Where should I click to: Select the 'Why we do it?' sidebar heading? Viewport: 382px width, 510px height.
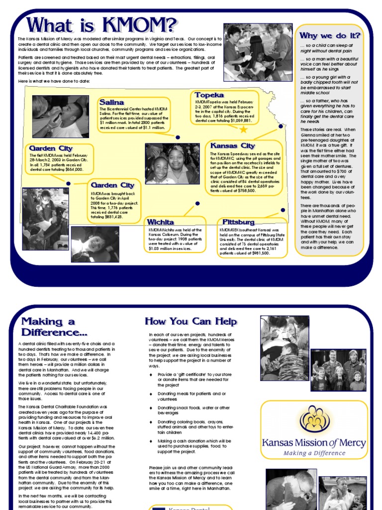pyautogui.click(x=329, y=35)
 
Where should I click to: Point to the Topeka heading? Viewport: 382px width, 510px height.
pyautogui.click(x=209, y=95)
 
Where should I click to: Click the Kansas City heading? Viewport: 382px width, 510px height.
pyautogui.click(x=233, y=145)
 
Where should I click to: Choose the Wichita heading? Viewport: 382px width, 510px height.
pyautogui.click(x=160, y=222)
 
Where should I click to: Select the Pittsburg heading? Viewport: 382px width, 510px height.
pyautogui.click(x=238, y=222)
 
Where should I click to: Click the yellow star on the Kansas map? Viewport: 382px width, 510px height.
pyautogui.click(x=243, y=129)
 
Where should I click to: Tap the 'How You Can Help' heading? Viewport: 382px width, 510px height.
pyautogui.click(x=191, y=321)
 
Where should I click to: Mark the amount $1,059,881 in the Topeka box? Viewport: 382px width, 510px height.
pyautogui.click(x=238, y=121)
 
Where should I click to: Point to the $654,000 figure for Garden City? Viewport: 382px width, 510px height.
pyautogui.click(x=70, y=169)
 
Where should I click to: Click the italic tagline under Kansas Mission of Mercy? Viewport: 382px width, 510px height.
pyautogui.click(x=314, y=453)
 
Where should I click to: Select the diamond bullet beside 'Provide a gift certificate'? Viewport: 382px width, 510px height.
pyautogui.click(x=151, y=374)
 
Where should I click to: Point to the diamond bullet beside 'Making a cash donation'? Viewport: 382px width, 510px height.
pyautogui.click(x=151, y=441)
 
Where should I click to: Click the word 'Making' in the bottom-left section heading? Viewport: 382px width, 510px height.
pyautogui.click(x=42, y=321)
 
